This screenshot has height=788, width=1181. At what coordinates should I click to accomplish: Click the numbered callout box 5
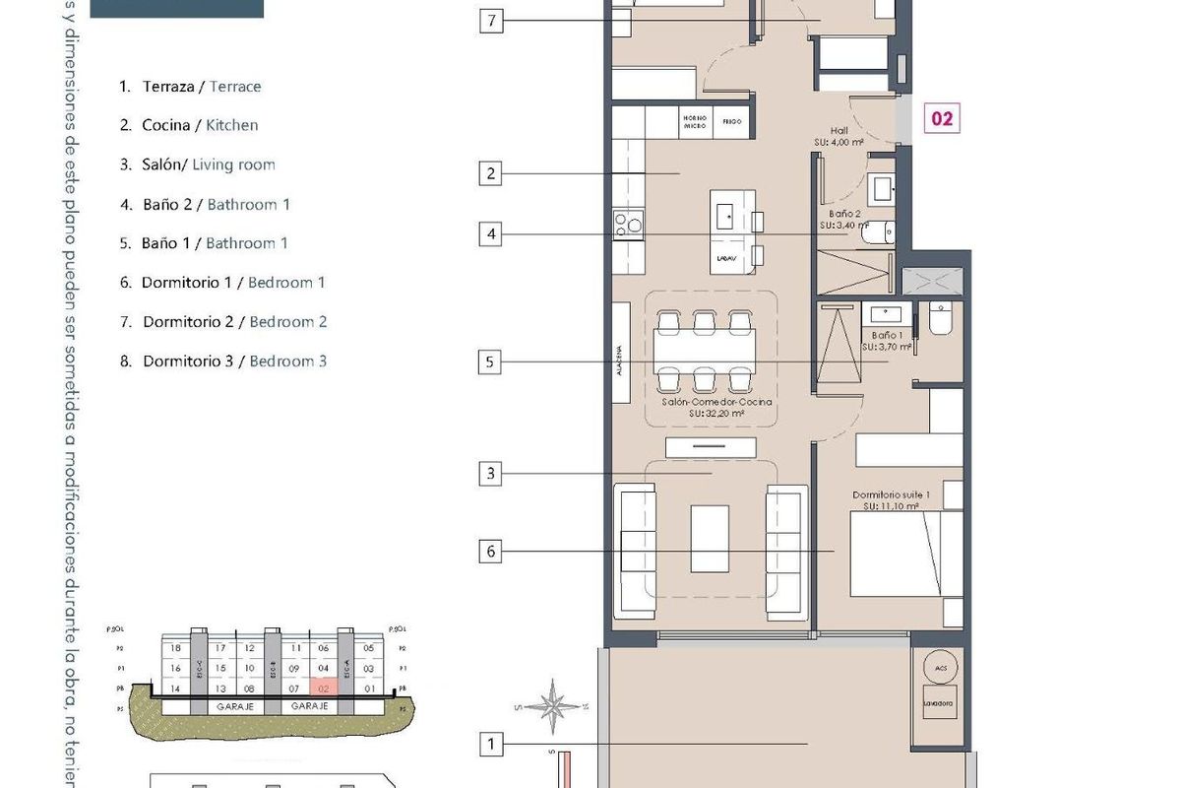(490, 361)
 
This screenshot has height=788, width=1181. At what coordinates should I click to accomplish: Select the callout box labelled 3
(490, 474)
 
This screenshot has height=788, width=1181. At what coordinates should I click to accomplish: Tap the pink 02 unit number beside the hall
(941, 118)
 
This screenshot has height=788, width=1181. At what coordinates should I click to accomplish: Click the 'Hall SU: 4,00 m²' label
(839, 136)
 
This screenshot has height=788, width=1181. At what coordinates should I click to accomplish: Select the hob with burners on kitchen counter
(627, 225)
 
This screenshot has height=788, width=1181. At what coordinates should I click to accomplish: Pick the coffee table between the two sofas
(710, 538)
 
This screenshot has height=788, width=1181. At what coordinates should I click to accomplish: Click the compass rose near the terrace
(556, 704)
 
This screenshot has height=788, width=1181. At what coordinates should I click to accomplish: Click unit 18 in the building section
(175, 648)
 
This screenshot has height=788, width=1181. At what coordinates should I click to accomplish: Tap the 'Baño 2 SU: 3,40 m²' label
(843, 219)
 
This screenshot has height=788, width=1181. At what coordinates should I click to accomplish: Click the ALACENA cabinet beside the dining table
(621, 352)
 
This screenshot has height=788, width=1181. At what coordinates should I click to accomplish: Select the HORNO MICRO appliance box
(694, 122)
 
